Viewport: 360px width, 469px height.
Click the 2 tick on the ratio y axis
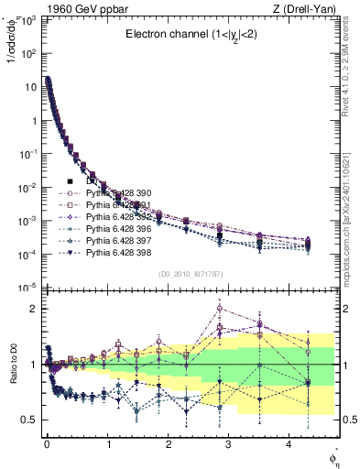(x=35, y=309)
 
